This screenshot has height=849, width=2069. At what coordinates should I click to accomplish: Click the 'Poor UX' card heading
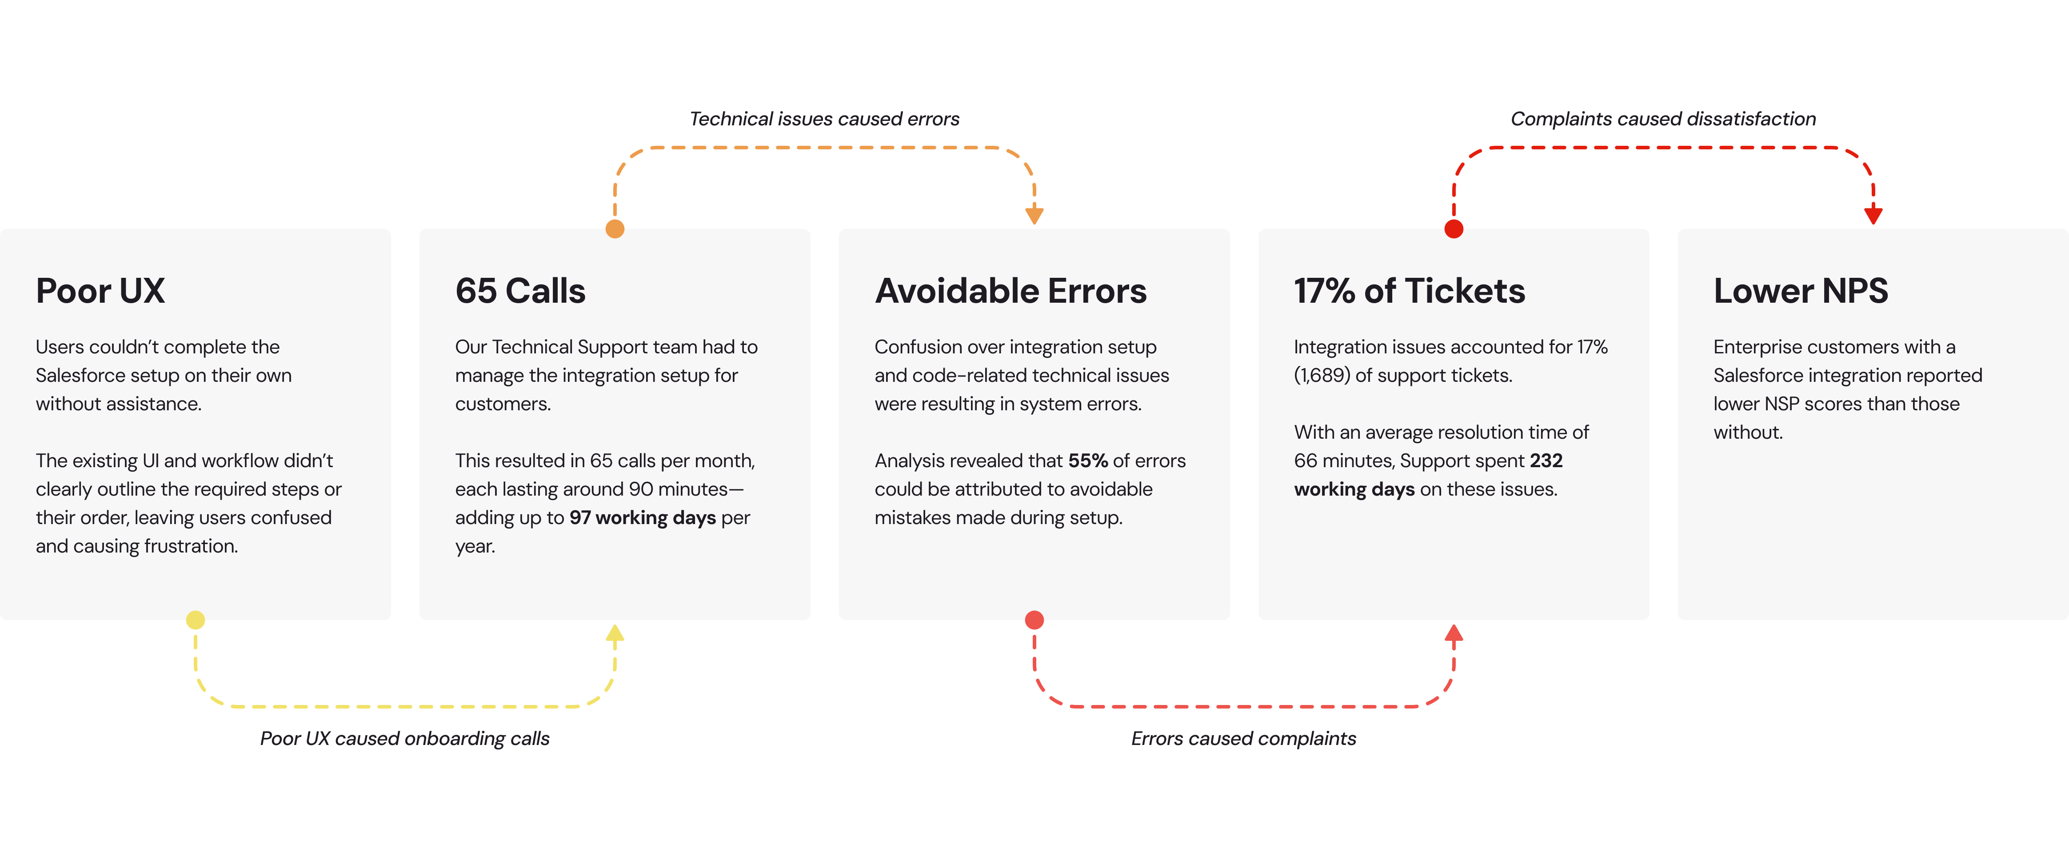(x=100, y=291)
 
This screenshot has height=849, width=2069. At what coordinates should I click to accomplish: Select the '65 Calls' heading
(x=520, y=291)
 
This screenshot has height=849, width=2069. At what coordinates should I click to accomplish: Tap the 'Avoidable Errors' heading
(x=1011, y=291)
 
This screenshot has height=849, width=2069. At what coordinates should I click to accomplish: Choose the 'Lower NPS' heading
(x=1801, y=291)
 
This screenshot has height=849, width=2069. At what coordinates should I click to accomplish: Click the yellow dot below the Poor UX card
(x=195, y=620)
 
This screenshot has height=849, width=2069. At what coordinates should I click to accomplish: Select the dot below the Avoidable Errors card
(x=1034, y=620)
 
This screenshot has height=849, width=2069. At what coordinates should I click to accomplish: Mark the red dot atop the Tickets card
(x=1454, y=229)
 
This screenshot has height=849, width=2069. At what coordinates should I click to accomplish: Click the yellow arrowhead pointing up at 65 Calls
(x=615, y=633)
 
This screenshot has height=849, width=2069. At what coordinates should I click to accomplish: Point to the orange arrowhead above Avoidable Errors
(x=1034, y=215)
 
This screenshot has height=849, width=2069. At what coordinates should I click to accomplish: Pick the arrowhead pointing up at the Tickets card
(x=1454, y=633)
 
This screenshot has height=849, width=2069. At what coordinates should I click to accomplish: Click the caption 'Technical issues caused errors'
(x=824, y=119)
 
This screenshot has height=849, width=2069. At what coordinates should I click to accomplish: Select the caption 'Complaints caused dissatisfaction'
(x=1663, y=119)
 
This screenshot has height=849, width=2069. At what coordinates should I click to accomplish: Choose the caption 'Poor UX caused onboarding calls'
(x=405, y=738)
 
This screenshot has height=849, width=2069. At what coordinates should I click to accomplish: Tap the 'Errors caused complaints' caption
(x=1243, y=738)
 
